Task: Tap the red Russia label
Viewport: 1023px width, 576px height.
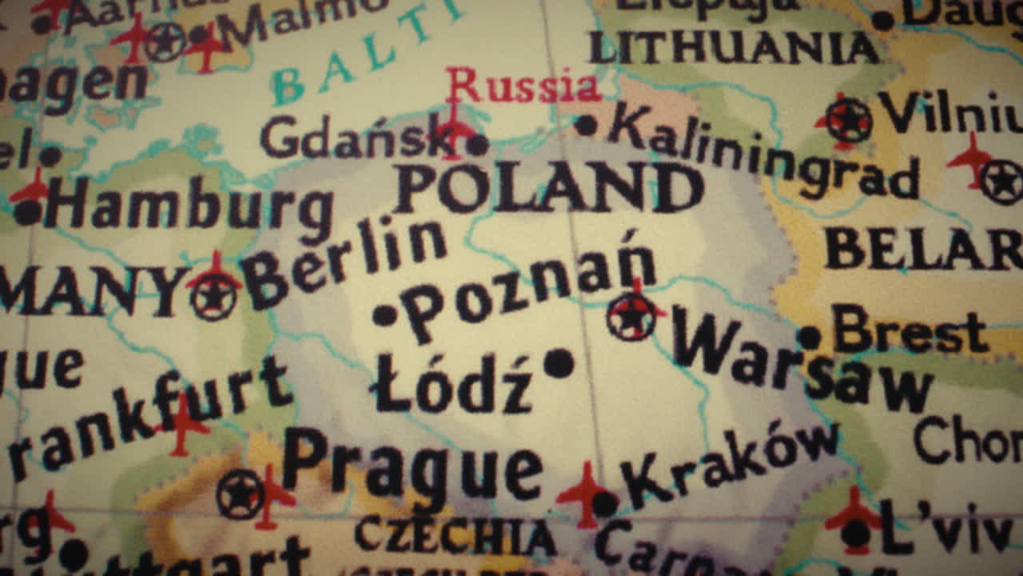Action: point(523,86)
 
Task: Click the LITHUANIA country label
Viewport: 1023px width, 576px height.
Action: point(734,48)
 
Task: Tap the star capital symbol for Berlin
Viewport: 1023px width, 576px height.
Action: point(213,297)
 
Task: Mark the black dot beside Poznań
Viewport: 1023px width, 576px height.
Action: point(384,315)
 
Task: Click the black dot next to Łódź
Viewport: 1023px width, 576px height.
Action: point(559,364)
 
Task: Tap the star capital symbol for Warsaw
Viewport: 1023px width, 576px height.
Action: point(631,316)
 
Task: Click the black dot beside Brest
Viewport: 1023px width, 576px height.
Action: point(810,338)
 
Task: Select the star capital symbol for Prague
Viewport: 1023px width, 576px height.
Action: point(240,494)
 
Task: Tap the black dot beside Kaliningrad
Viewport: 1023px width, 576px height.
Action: point(586,125)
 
